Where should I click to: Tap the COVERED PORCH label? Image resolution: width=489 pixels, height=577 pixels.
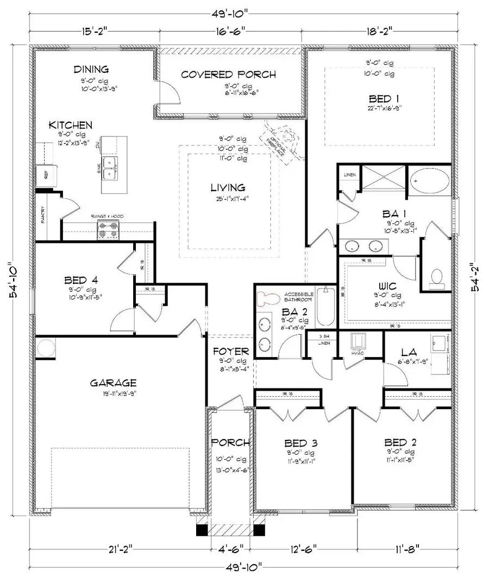228,74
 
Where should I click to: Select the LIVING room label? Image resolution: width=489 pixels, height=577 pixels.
228,188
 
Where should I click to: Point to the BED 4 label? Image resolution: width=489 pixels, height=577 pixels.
81,281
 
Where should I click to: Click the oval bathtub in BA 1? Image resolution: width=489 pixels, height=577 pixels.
429,181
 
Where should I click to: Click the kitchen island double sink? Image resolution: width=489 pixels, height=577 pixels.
113,168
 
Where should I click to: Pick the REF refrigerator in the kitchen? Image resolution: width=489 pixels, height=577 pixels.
42,174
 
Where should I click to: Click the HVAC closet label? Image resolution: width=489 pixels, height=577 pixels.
358,353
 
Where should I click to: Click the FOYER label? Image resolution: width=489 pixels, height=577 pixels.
230,351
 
